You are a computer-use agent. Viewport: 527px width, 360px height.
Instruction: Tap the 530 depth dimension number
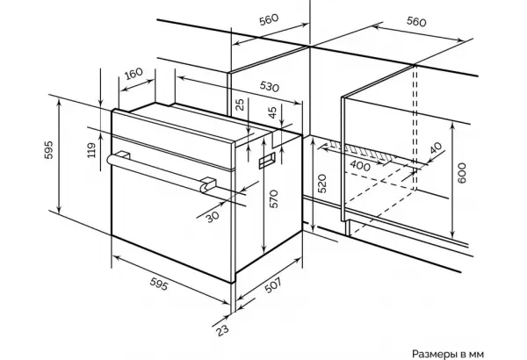[270, 86]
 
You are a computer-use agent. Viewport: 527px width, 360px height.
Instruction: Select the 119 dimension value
[91, 150]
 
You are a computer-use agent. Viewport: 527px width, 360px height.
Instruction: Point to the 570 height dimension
[274, 198]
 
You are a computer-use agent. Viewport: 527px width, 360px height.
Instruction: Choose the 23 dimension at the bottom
[222, 330]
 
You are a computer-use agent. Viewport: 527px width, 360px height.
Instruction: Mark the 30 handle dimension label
[213, 217]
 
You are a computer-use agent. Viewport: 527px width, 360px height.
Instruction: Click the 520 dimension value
[322, 184]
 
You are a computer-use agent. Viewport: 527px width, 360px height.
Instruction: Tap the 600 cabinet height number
[462, 173]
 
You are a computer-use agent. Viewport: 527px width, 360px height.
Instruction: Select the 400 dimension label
[360, 166]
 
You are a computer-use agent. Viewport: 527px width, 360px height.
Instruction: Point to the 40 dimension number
[436, 148]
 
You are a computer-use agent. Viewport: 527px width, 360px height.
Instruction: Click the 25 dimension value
[240, 104]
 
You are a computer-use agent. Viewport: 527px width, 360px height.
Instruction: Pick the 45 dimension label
[273, 112]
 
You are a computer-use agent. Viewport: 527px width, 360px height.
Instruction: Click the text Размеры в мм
[448, 354]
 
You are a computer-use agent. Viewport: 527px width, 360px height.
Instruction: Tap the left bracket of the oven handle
[123, 155]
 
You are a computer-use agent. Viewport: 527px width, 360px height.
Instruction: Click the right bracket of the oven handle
[207, 184]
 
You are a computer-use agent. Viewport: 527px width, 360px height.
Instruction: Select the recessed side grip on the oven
[267, 161]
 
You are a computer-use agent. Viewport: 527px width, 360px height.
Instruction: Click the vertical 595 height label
[48, 150]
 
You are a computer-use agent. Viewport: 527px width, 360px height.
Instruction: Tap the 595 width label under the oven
[159, 284]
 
